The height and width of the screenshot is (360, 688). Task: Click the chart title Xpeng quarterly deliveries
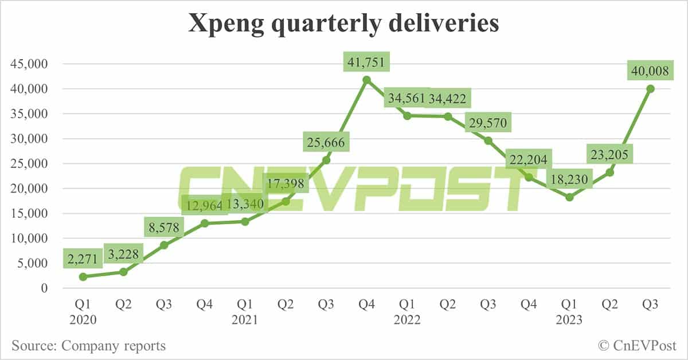343,24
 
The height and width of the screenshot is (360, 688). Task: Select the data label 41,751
367,61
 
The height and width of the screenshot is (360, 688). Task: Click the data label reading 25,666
326,141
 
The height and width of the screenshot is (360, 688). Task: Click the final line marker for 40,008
651,88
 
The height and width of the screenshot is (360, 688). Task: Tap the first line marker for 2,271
83,276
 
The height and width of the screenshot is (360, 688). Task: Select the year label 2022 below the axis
407,320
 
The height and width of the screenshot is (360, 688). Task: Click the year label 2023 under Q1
569,320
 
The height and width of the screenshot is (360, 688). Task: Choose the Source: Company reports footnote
88,346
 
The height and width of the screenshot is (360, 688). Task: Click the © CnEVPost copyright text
636,346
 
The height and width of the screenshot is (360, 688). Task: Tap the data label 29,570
487,123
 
